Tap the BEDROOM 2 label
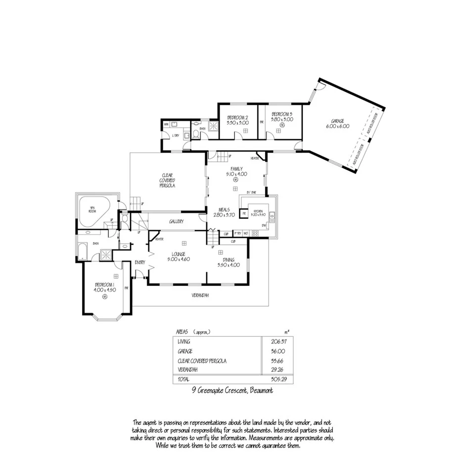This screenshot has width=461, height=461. (237, 117)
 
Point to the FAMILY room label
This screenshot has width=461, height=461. (235, 169)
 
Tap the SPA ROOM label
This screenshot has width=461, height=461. (92, 209)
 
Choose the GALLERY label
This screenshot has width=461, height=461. (176, 222)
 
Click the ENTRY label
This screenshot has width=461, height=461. (140, 262)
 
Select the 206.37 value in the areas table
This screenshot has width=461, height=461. (280, 341)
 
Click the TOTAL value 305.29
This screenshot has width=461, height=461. (280, 379)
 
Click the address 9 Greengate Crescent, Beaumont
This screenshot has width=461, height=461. (232, 390)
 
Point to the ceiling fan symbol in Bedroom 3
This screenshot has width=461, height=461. (281, 126)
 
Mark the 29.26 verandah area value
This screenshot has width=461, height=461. (280, 370)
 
